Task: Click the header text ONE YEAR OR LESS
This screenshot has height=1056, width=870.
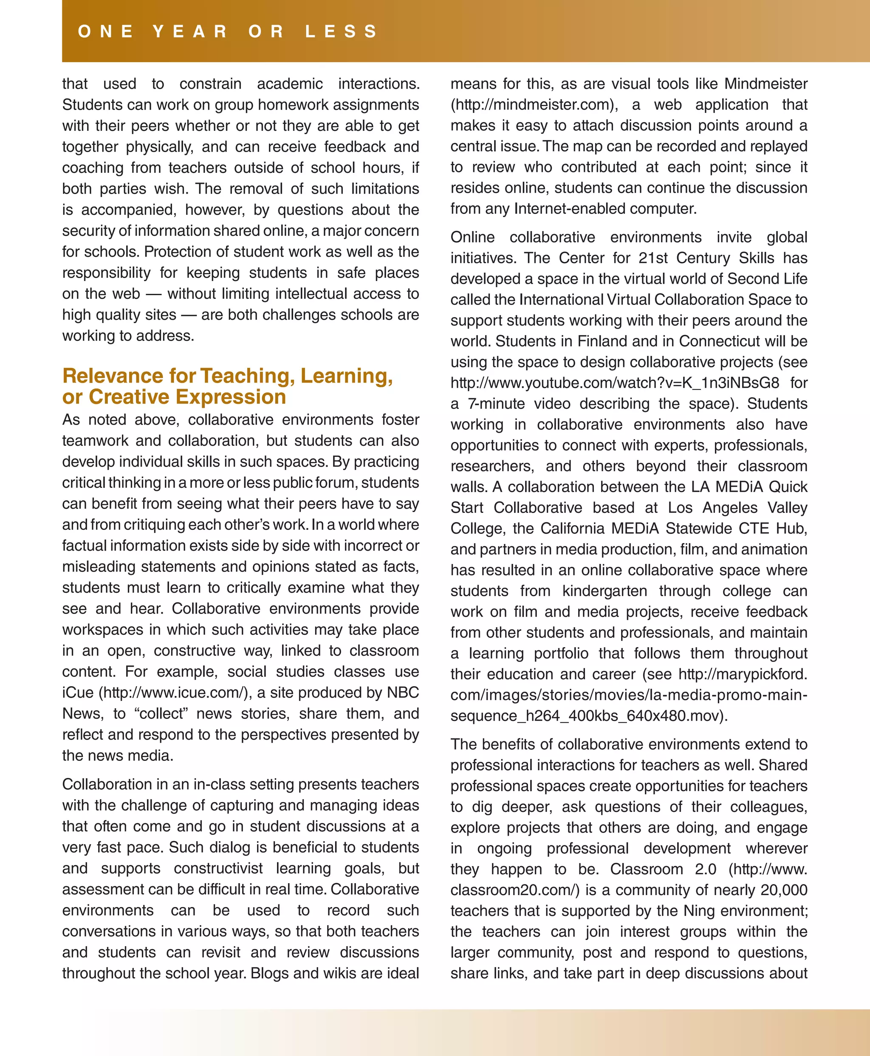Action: (x=228, y=31)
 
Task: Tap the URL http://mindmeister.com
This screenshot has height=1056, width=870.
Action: (x=533, y=105)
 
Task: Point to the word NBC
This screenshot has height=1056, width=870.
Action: (x=402, y=693)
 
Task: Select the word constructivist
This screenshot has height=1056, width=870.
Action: (x=218, y=868)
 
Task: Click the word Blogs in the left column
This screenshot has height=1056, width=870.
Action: (x=270, y=973)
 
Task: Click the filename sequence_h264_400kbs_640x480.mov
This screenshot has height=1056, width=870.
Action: (x=585, y=716)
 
